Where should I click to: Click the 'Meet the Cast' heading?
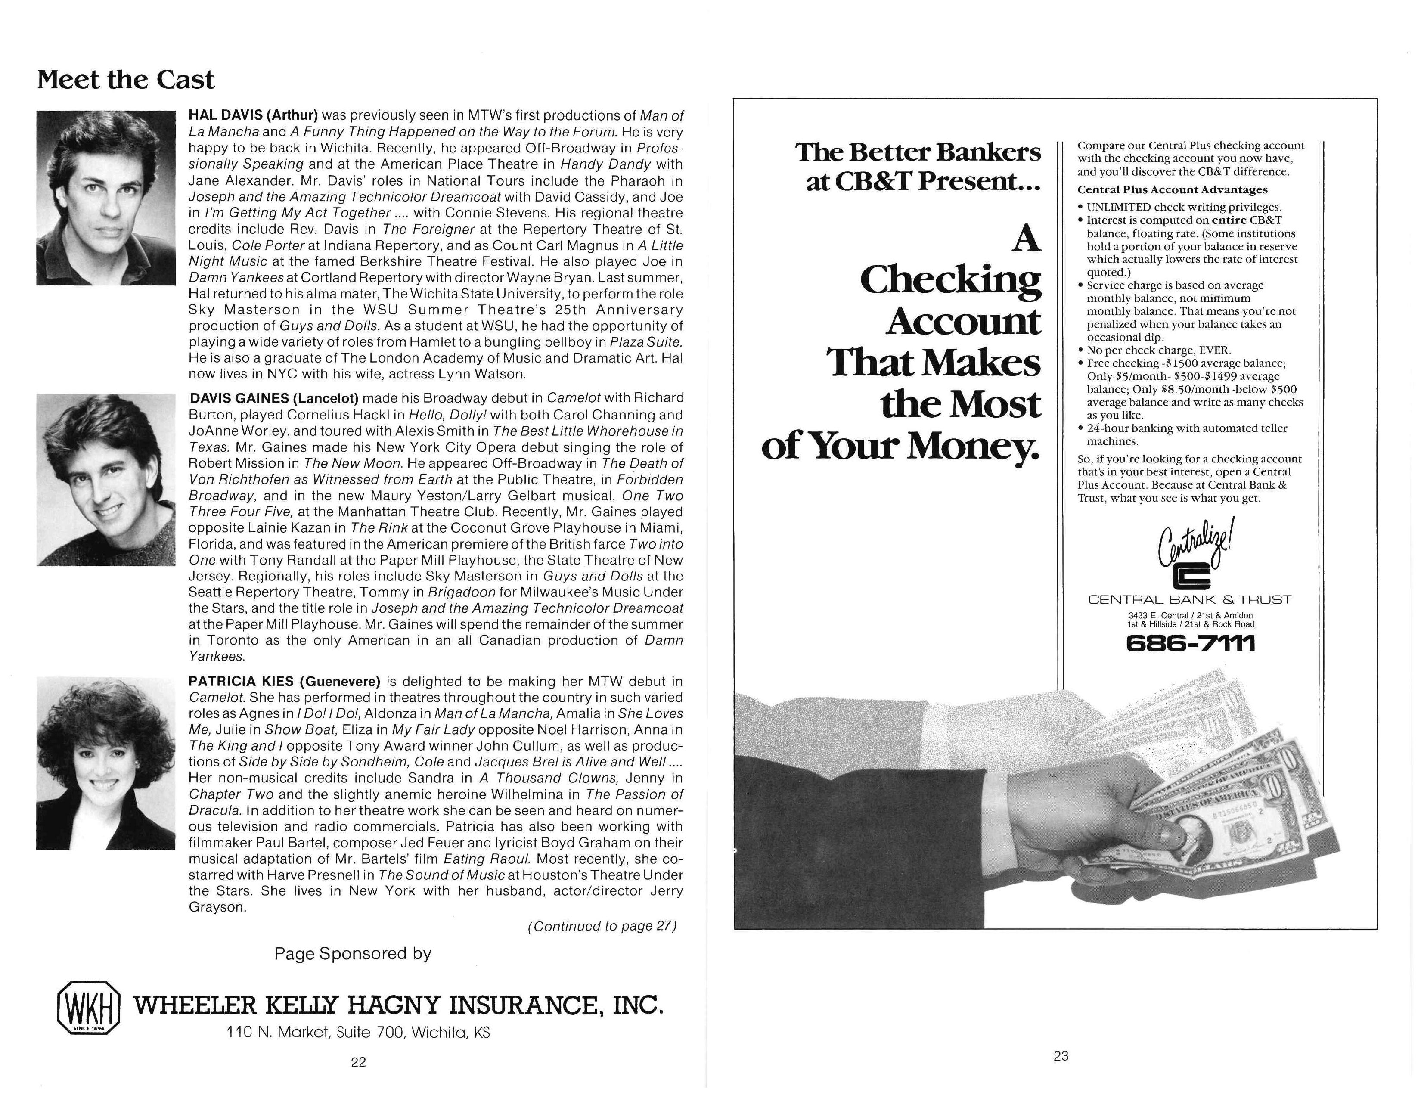(126, 80)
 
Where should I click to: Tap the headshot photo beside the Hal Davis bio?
(105, 198)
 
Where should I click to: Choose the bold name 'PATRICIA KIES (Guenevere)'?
(284, 682)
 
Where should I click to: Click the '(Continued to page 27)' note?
(602, 926)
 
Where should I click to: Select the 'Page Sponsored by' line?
(353, 954)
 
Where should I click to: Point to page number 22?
(359, 1062)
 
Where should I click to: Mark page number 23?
(1061, 1056)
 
